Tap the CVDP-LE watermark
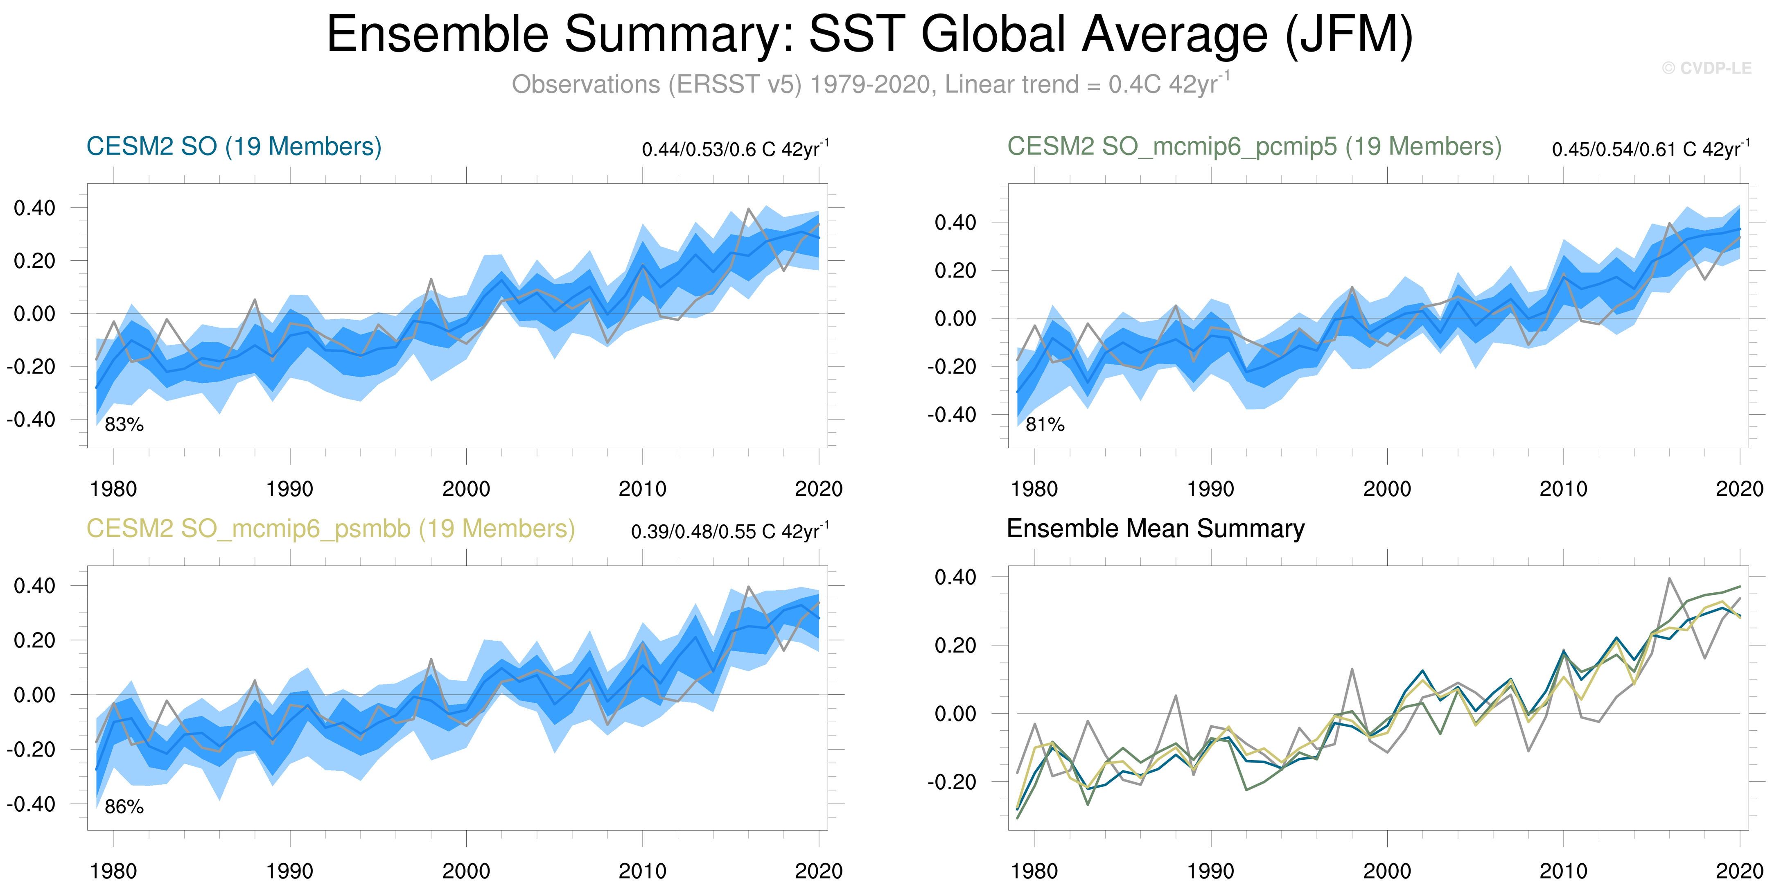(1706, 68)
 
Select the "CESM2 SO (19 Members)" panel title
(234, 147)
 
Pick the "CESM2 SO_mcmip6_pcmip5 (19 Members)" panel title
(1254, 147)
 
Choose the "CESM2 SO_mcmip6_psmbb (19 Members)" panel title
(330, 529)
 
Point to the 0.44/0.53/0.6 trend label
(735, 149)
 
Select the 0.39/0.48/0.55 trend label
(729, 532)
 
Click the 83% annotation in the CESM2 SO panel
(124, 425)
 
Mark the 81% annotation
(1045, 425)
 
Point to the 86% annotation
(124, 807)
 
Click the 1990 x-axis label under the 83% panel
(289, 489)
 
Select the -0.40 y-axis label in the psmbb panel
(31, 804)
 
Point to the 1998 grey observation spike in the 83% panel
(431, 279)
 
